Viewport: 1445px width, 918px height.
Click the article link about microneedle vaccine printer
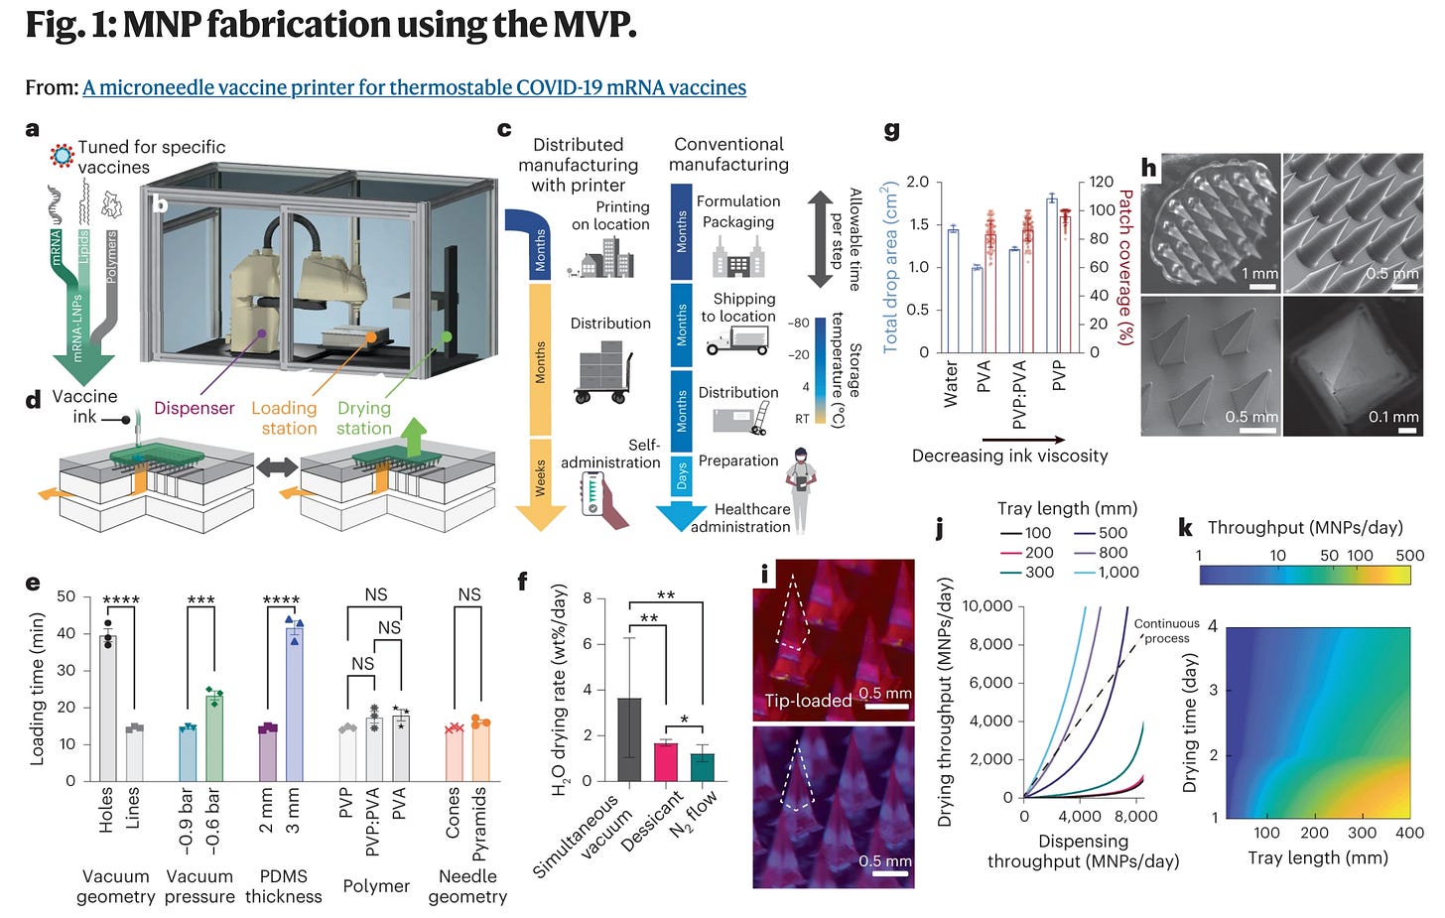point(414,87)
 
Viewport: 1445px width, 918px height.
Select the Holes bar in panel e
point(108,709)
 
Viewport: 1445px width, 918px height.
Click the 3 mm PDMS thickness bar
point(294,705)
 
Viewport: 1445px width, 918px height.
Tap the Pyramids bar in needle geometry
point(480,751)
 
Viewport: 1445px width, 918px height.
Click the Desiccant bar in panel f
point(665,761)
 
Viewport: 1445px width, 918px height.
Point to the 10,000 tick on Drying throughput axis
point(987,606)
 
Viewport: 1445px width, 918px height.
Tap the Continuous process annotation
point(1166,630)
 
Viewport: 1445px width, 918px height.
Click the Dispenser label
point(195,408)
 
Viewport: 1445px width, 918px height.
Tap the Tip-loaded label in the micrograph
point(808,701)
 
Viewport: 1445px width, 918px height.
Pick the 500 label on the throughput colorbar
point(1409,556)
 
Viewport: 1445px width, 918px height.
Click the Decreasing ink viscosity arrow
point(1023,439)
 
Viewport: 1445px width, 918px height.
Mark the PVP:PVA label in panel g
point(1020,396)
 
